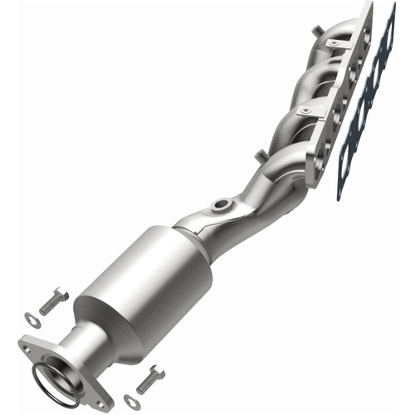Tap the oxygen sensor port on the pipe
point(222,203)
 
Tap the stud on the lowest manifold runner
point(260,154)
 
